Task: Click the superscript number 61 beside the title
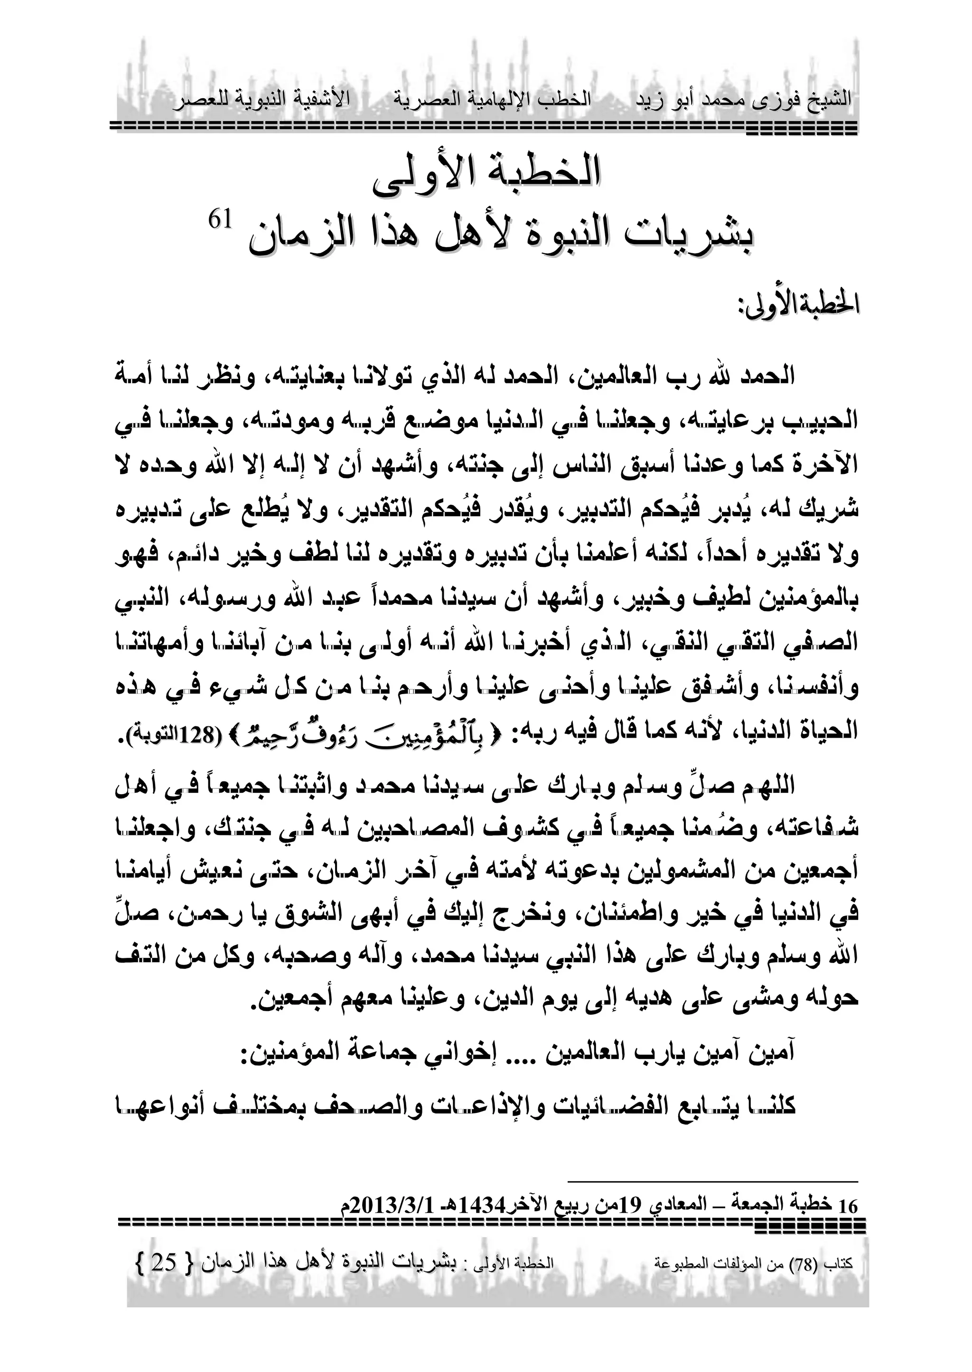coord(218,220)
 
